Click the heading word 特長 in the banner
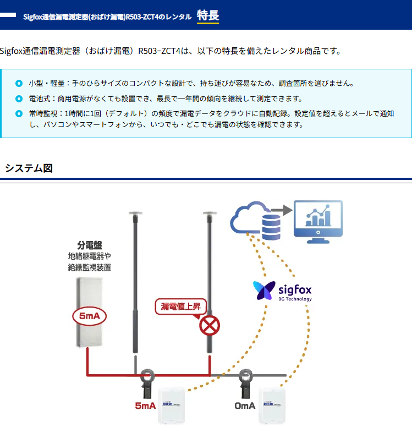(x=207, y=15)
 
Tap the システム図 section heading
(x=29, y=168)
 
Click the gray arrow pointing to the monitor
(x=280, y=210)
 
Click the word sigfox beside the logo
(x=295, y=288)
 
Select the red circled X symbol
(x=209, y=326)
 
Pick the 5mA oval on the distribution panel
(x=89, y=316)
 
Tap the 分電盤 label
(x=90, y=245)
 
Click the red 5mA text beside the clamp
(x=145, y=406)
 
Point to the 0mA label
(x=245, y=406)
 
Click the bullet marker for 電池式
(x=20, y=99)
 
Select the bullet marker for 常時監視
(x=20, y=114)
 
